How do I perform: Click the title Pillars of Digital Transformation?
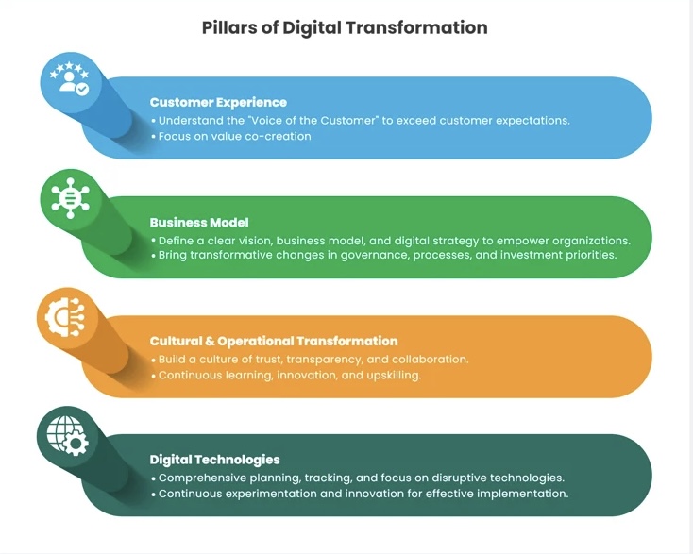coord(345,27)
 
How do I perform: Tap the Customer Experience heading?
coord(218,103)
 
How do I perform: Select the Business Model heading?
coord(199,222)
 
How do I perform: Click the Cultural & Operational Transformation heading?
coord(274,341)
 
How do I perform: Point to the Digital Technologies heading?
coord(215,460)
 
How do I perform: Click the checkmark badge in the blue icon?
coord(82,90)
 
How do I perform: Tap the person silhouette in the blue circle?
coord(68,81)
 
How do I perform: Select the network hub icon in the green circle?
coord(70,198)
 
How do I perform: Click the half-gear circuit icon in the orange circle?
coord(65,317)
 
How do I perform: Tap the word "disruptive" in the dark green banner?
coord(458,478)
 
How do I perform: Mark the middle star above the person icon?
coord(69,65)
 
